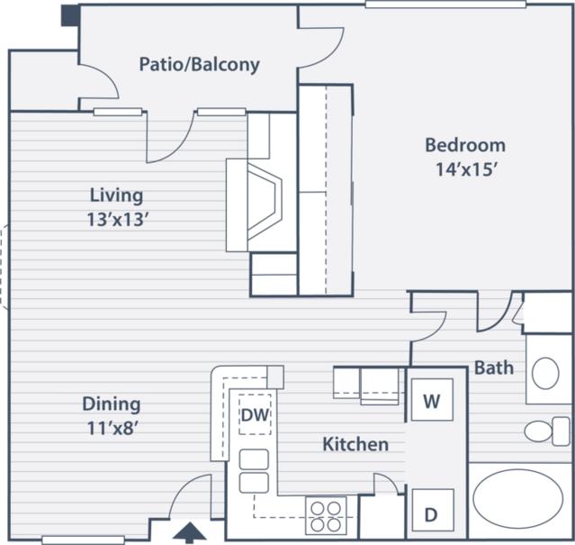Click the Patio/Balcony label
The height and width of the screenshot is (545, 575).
[x=200, y=65]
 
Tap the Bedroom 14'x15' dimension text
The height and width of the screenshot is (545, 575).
[x=466, y=169]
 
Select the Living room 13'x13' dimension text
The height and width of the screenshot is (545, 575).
[x=118, y=220]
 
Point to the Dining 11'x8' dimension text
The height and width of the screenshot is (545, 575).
[x=112, y=428]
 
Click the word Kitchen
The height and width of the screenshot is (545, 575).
[x=355, y=444]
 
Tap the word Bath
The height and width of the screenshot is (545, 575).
[x=494, y=368]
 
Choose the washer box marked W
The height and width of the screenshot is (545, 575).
[x=432, y=400]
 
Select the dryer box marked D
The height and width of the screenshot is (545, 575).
[x=433, y=510]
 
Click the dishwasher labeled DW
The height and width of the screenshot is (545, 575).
[x=256, y=414]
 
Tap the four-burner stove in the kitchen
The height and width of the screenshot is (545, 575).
[x=326, y=515]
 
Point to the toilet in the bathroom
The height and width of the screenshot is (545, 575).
[x=547, y=431]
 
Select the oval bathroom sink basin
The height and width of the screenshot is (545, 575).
[x=545, y=373]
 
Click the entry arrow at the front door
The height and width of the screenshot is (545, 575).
[x=189, y=533]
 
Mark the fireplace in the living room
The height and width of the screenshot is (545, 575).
[x=254, y=205]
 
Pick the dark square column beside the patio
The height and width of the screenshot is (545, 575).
[x=69, y=15]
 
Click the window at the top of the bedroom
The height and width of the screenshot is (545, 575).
[x=445, y=5]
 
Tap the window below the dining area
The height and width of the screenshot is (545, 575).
[x=84, y=540]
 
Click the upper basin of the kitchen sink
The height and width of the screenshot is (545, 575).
[x=254, y=459]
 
